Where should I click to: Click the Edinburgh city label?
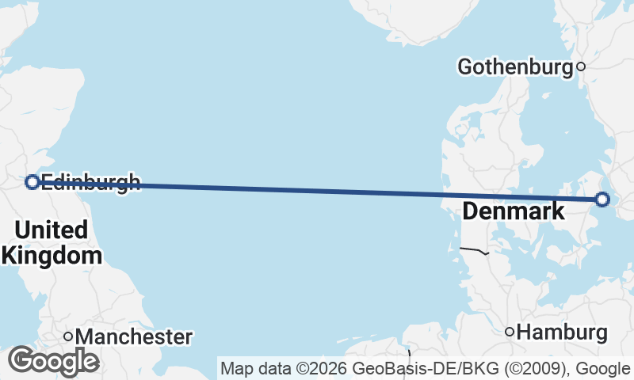coord(90,182)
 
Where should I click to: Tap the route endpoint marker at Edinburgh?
coord(32,182)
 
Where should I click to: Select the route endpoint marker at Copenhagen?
coord(602,199)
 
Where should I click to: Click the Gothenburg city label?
coord(515,67)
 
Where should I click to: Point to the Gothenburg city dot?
coord(580,67)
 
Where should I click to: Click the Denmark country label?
coord(513,211)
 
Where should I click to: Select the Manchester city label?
coord(134,337)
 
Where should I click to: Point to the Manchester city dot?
coord(68,337)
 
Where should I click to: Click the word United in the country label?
coord(51,230)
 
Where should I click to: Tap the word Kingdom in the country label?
coord(52,256)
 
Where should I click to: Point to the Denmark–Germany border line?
coord(473,250)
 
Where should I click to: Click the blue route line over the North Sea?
coord(317,190)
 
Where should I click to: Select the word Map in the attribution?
coord(235,368)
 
